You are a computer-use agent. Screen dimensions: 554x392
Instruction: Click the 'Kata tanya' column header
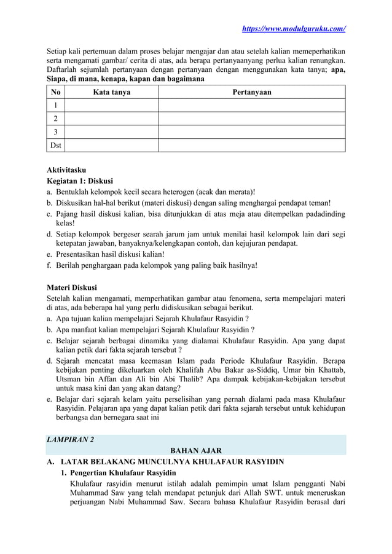[111, 92]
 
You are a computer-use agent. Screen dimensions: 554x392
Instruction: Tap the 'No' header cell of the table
[55, 92]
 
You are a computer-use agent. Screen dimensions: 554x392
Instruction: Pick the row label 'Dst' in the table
[55, 145]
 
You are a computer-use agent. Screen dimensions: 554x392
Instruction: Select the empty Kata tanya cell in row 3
[111, 131]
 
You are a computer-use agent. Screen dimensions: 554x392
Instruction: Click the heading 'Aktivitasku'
[67, 169]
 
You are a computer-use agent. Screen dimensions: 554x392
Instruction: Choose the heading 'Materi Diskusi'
[72, 287]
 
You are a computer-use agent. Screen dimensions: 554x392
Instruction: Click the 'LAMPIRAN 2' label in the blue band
[71, 439]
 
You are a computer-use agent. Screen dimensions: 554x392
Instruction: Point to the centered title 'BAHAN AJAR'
[196, 450]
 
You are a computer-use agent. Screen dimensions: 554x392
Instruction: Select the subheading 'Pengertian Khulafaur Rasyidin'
[123, 473]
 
